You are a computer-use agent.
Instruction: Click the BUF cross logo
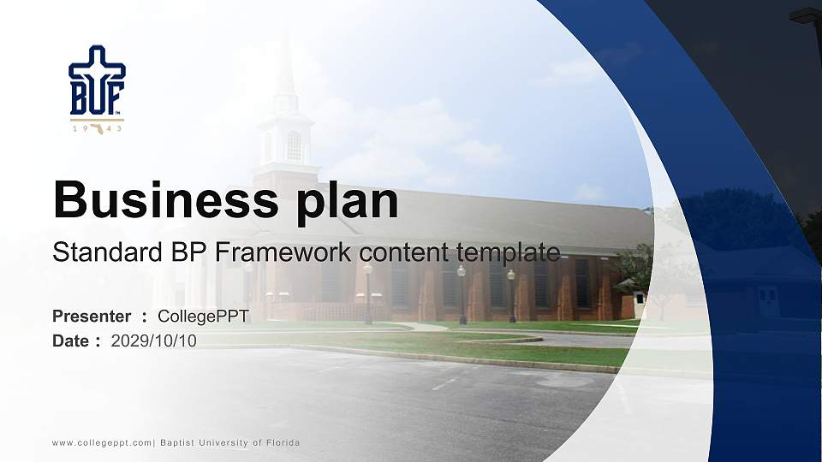(x=97, y=80)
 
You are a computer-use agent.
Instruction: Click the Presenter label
(x=92, y=317)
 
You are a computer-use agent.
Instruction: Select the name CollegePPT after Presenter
(x=203, y=317)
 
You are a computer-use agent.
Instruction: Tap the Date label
(x=71, y=341)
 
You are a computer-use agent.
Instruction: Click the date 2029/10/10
(x=154, y=341)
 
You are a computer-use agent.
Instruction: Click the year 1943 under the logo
(x=97, y=128)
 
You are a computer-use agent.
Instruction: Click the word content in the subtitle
(x=405, y=252)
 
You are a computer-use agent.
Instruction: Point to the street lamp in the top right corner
(x=806, y=15)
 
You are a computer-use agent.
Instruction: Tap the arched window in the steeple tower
(x=294, y=146)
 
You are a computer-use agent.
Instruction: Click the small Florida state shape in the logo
(x=97, y=128)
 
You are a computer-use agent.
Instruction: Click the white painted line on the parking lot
(x=444, y=384)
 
